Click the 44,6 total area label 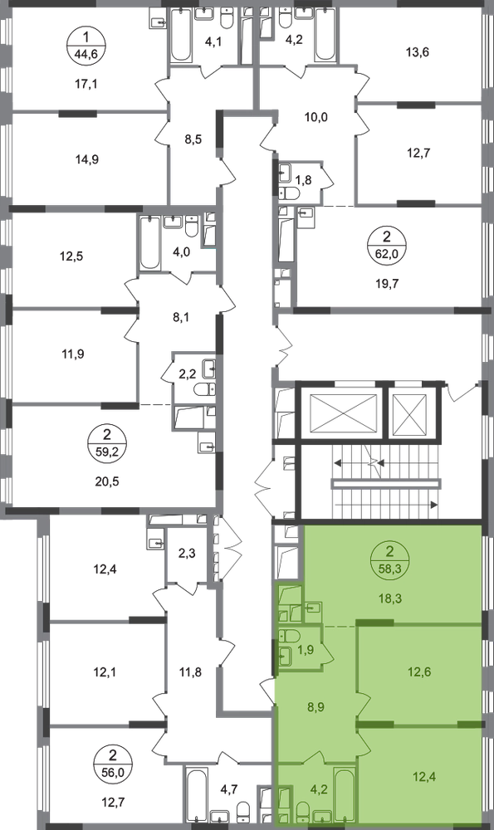pyautogui.click(x=87, y=54)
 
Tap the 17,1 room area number pyautogui.click(x=87, y=84)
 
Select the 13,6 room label pyautogui.click(x=418, y=51)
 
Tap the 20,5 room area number pyautogui.click(x=107, y=481)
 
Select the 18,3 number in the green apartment pyautogui.click(x=391, y=598)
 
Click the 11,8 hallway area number pyautogui.click(x=191, y=673)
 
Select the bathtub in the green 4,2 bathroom pyautogui.click(x=346, y=794)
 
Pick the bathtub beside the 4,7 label pyautogui.click(x=197, y=796)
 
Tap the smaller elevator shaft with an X pyautogui.click(x=412, y=413)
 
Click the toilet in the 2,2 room pyautogui.click(x=203, y=390)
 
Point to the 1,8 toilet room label pyautogui.click(x=303, y=180)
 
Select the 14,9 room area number pyautogui.click(x=87, y=159)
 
